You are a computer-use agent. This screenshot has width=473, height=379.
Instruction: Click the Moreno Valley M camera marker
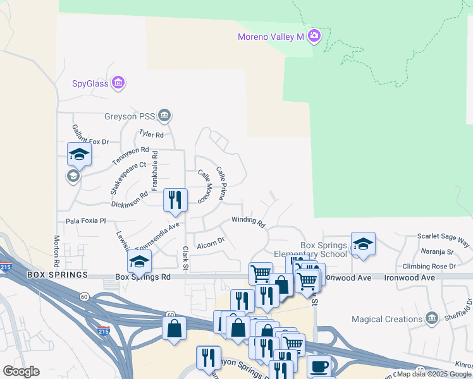[314, 36]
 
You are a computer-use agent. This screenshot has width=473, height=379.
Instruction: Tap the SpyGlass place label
[90, 83]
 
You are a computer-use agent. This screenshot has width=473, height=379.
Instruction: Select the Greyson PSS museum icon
[165, 116]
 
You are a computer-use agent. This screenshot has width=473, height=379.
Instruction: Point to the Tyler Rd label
[151, 135]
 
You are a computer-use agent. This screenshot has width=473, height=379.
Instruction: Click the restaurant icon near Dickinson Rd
[175, 200]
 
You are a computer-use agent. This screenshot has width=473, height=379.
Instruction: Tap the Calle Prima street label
[221, 183]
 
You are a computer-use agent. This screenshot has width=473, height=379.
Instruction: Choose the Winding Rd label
[248, 221]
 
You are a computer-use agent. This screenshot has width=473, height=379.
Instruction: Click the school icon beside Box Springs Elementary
[363, 244]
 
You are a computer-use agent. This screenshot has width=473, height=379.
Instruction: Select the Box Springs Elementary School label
[324, 250]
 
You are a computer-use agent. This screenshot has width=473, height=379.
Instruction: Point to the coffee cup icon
[320, 366]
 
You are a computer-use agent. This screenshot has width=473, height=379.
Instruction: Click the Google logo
[21, 371]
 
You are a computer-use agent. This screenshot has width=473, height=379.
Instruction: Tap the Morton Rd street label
[56, 250]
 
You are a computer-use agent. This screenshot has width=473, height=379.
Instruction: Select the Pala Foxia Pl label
[86, 221]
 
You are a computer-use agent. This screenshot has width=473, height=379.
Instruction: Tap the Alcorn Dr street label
[211, 242]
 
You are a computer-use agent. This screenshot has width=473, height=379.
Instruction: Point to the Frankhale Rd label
[154, 171]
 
